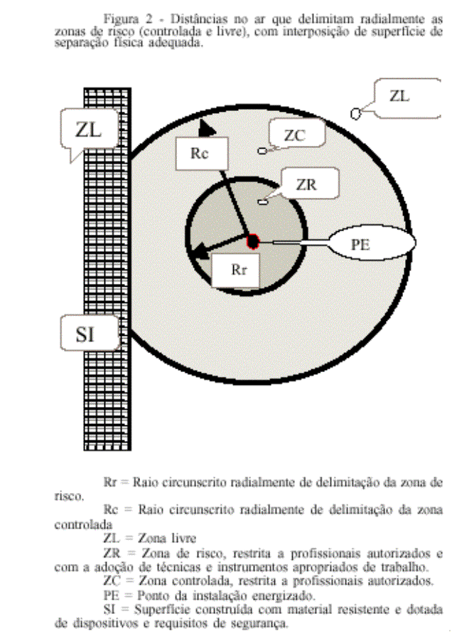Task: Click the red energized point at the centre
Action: [253, 242]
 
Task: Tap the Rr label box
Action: [236, 270]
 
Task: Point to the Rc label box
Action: [202, 153]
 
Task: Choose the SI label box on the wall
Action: [90, 333]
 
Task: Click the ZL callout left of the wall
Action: [90, 130]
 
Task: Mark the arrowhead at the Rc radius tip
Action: [207, 128]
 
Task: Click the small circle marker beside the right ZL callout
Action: [355, 114]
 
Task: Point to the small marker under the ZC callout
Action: [262, 151]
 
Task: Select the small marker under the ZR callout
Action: [262, 201]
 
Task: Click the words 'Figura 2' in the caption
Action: [127, 18]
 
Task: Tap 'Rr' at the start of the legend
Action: [110, 482]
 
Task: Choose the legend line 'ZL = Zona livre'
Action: [150, 538]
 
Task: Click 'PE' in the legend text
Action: [110, 595]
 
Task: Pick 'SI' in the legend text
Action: [109, 610]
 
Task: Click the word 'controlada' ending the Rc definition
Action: [84, 524]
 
